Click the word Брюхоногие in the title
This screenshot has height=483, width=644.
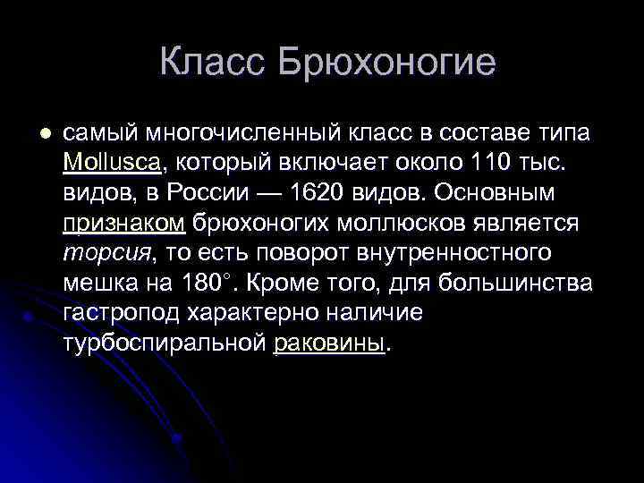387,64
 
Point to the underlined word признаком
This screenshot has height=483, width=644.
124,223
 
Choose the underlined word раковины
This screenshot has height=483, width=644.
330,343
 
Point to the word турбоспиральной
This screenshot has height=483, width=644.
165,343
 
